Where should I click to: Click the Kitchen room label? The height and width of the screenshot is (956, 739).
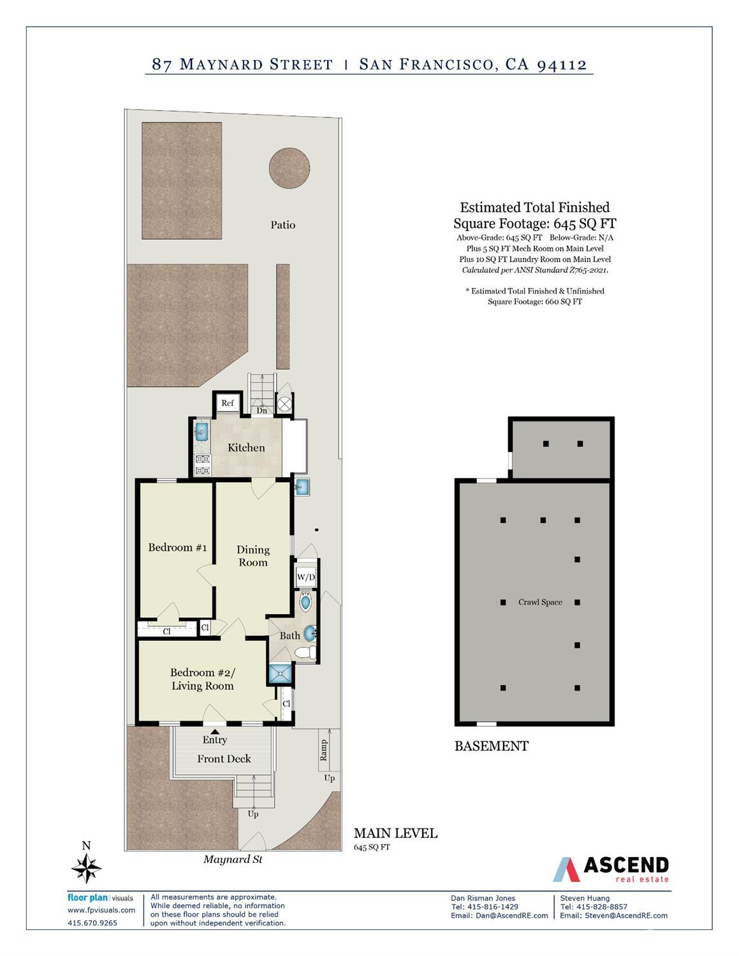coord(246,448)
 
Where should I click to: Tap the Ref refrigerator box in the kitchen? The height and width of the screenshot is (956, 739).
coord(228,403)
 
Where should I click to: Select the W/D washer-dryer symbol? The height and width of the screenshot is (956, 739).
coord(305,577)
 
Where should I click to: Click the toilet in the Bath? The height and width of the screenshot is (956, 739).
coord(305,652)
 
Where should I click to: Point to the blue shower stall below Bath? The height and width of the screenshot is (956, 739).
coord(280,673)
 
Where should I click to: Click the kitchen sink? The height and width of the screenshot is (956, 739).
coord(201,432)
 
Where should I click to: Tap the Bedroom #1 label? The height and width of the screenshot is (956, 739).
coord(177,547)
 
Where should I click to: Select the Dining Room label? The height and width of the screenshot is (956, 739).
coord(253,555)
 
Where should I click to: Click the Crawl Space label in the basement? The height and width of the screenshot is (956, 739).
coord(540,602)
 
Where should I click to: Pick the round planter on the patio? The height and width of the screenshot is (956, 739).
coord(289,168)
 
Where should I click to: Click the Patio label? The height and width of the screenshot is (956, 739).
coord(283,225)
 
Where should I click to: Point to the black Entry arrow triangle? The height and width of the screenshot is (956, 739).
coord(215,731)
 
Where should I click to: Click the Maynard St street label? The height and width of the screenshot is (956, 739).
coord(233,859)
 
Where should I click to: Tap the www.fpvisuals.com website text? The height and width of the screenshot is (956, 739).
coord(101,910)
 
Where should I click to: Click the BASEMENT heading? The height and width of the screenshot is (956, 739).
coord(492,746)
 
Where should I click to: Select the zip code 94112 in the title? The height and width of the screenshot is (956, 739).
coord(562,64)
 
